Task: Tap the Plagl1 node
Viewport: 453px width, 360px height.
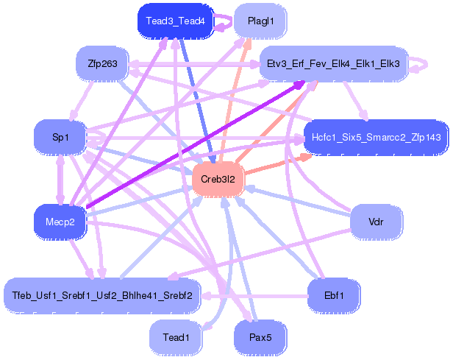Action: point(261,21)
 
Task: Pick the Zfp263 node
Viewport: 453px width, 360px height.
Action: point(102,63)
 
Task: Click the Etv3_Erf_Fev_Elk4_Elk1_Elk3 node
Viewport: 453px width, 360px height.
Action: point(335,64)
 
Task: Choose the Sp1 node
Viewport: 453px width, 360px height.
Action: point(60,137)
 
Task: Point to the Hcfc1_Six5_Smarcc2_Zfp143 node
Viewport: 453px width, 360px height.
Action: point(376,138)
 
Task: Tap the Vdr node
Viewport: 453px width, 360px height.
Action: point(376,222)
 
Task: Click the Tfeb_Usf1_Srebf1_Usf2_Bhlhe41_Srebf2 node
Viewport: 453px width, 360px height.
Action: point(102,295)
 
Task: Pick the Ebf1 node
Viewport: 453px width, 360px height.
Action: point(334,295)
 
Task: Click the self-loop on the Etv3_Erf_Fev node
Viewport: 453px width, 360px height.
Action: point(421,64)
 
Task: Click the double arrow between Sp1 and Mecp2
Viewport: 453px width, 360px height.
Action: point(60,179)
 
